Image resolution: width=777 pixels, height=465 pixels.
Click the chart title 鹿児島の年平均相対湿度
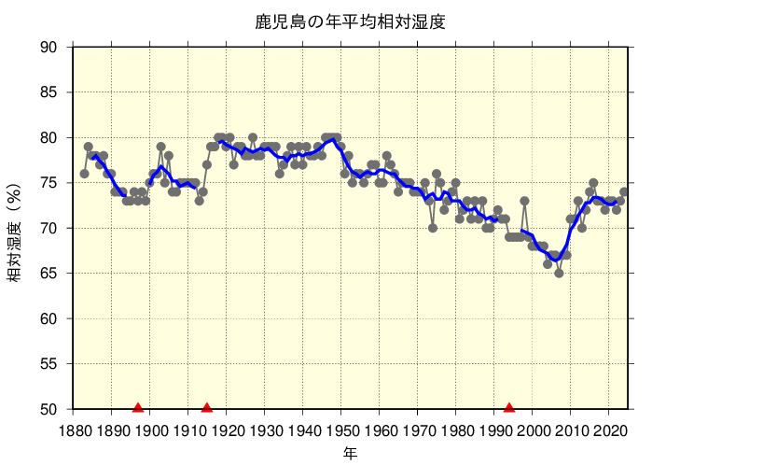[350, 21]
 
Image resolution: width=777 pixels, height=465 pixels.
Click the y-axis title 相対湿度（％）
[16, 230]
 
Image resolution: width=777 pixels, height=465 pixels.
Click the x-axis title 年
[350, 454]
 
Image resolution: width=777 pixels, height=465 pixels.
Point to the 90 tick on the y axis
[49, 48]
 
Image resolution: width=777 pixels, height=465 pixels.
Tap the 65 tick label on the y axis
[49, 274]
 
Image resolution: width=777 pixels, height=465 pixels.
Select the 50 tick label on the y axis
[49, 409]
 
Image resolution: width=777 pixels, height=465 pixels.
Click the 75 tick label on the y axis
[49, 183]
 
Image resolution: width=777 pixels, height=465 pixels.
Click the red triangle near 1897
[138, 407]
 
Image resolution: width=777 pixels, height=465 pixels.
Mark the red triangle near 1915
[207, 407]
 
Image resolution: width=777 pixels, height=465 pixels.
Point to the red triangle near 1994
[509, 407]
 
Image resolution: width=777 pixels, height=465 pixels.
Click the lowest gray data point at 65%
[559, 274]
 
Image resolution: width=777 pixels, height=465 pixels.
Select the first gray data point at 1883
[85, 174]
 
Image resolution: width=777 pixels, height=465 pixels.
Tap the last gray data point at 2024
[624, 192]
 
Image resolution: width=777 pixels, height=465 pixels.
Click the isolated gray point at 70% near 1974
[433, 228]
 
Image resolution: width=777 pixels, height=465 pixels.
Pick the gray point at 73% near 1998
[525, 201]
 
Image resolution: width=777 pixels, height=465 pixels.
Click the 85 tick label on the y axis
[49, 92]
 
